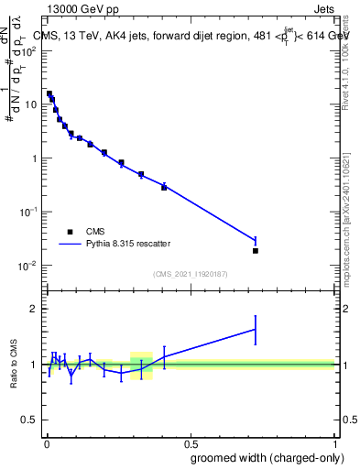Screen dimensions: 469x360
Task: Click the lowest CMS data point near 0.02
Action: click(x=256, y=250)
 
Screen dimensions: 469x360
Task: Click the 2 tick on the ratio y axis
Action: click(x=34, y=309)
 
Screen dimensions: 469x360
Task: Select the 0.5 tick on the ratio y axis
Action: click(x=30, y=420)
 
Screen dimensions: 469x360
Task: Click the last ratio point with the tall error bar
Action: click(x=256, y=329)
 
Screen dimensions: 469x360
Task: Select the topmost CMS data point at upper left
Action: click(x=49, y=93)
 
